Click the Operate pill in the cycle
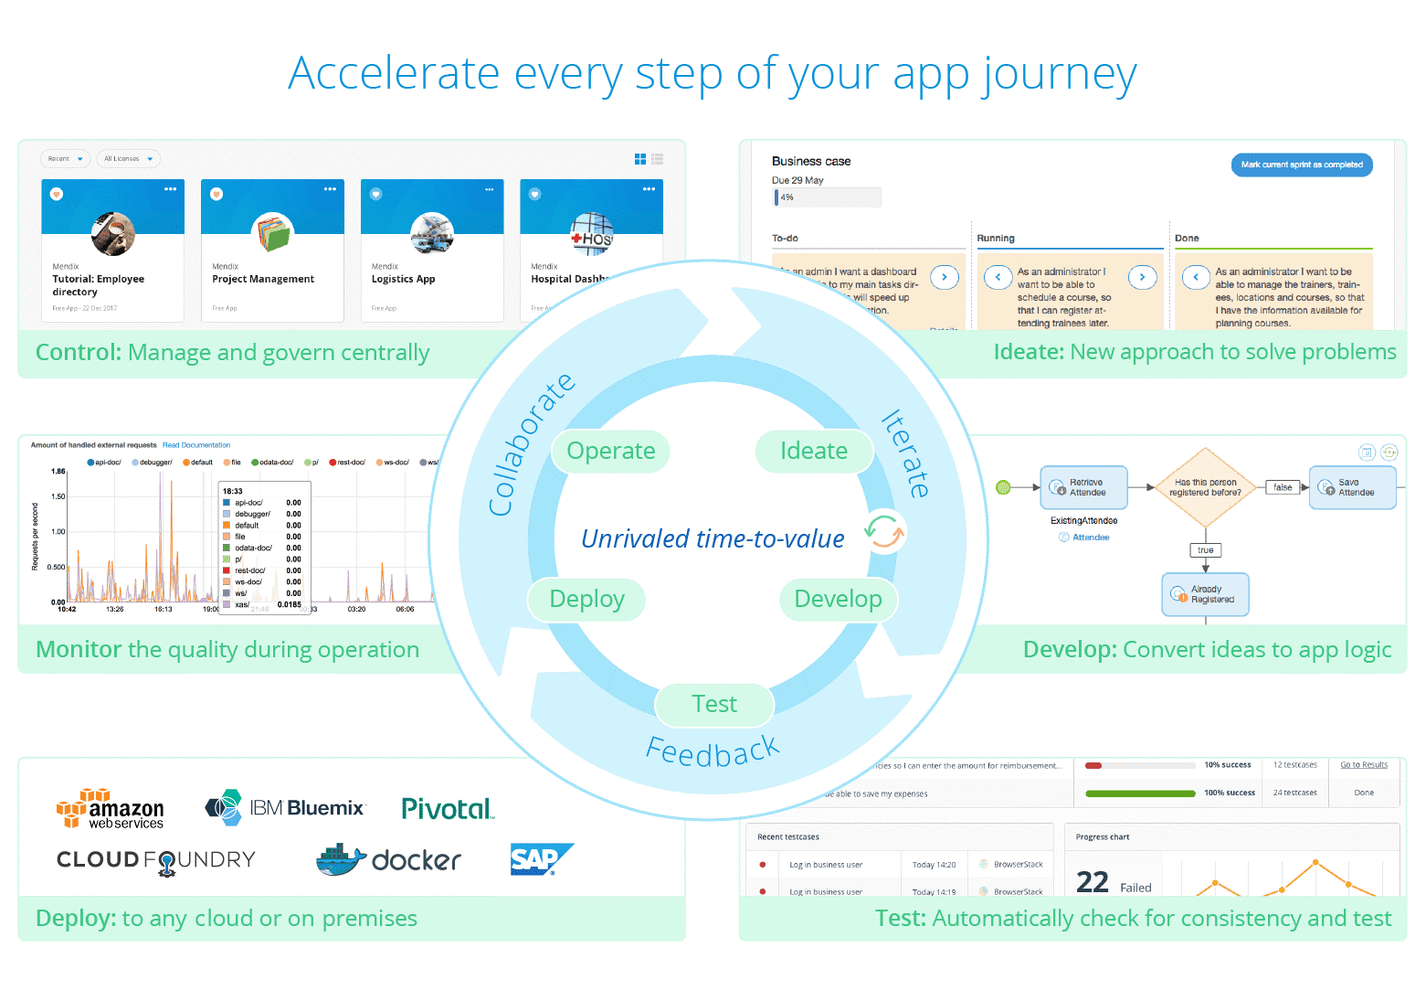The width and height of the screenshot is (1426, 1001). (x=610, y=451)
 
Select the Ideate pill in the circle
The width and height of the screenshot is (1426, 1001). (x=813, y=451)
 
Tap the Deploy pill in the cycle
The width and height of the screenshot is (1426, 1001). (x=586, y=599)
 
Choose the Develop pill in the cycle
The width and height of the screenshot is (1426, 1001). (x=838, y=599)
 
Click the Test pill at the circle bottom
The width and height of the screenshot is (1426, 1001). (x=713, y=704)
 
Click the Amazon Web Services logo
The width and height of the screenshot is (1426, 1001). (x=111, y=809)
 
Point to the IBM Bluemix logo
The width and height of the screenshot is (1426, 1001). (x=285, y=808)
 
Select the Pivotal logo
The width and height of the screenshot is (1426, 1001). (x=448, y=809)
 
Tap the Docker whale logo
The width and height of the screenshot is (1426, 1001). (x=388, y=859)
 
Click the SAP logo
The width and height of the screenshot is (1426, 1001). (x=540, y=859)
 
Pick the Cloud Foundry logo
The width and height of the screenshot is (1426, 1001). (x=156, y=860)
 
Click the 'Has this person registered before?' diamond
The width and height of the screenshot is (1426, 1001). (x=1205, y=487)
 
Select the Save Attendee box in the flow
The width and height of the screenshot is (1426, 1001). (x=1352, y=487)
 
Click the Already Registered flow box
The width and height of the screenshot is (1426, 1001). (x=1205, y=594)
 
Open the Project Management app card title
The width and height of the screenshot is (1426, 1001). (x=263, y=280)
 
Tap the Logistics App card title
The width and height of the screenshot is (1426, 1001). (x=403, y=280)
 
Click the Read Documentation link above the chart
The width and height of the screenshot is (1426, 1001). (x=196, y=445)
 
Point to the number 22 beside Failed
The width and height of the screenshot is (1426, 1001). (x=1092, y=882)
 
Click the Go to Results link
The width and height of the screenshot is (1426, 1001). (x=1363, y=765)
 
